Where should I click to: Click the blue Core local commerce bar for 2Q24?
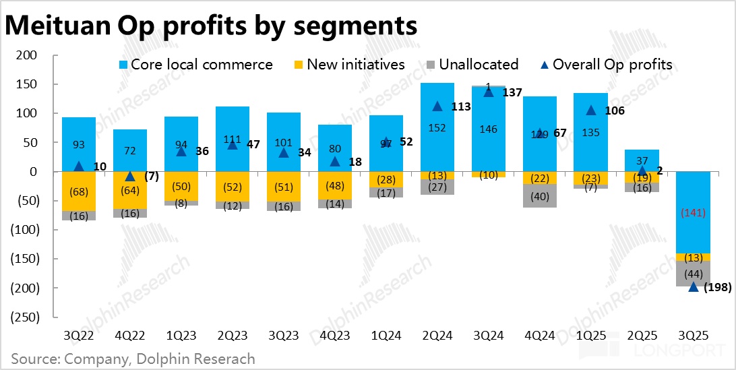pyautogui.click(x=437, y=127)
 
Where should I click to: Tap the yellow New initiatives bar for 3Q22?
pyautogui.click(x=79, y=192)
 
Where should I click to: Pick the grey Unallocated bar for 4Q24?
pyautogui.click(x=540, y=195)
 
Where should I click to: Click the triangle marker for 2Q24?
pyautogui.click(x=437, y=106)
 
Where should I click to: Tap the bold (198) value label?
pyautogui.click(x=716, y=288)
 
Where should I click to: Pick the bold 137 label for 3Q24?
pyautogui.click(x=512, y=92)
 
